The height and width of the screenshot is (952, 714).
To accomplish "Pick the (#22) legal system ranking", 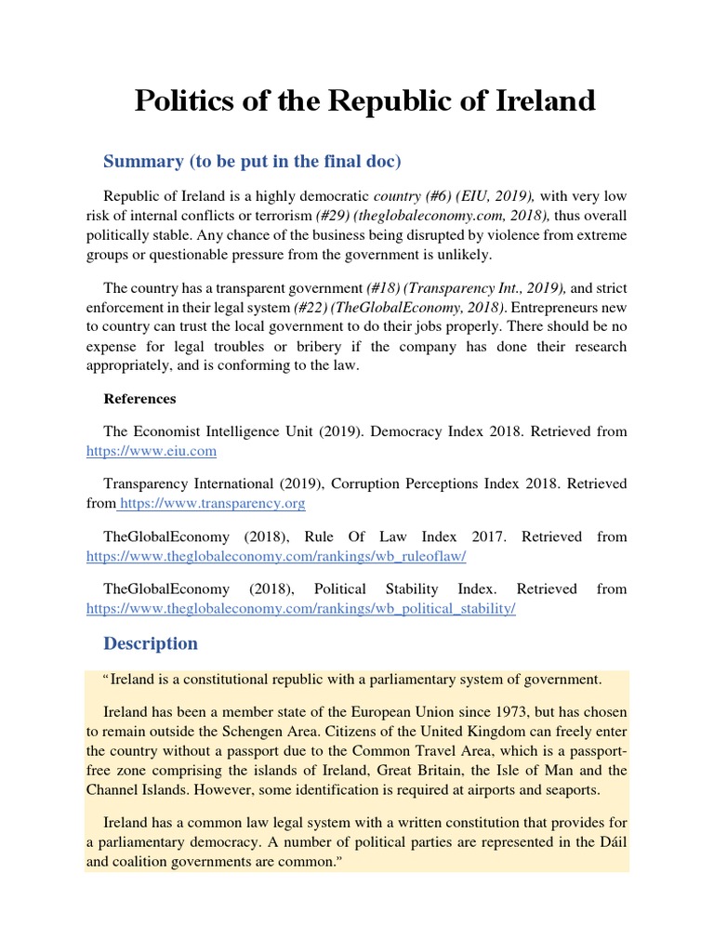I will point(311,307).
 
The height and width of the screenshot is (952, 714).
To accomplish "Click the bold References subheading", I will point(139,399).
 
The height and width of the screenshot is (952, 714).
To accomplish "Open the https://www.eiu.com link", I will point(152,451).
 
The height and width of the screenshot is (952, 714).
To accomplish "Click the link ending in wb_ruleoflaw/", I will point(276,556).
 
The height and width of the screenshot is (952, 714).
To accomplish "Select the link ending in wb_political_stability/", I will point(300,608).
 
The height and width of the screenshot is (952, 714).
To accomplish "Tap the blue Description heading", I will point(151,643).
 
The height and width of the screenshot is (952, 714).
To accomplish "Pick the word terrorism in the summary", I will point(284,214).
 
